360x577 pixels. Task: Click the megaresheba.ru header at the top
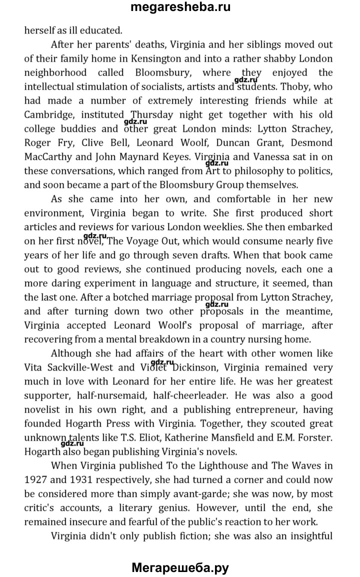click(180, 8)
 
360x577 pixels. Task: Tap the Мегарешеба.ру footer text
click(180, 567)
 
